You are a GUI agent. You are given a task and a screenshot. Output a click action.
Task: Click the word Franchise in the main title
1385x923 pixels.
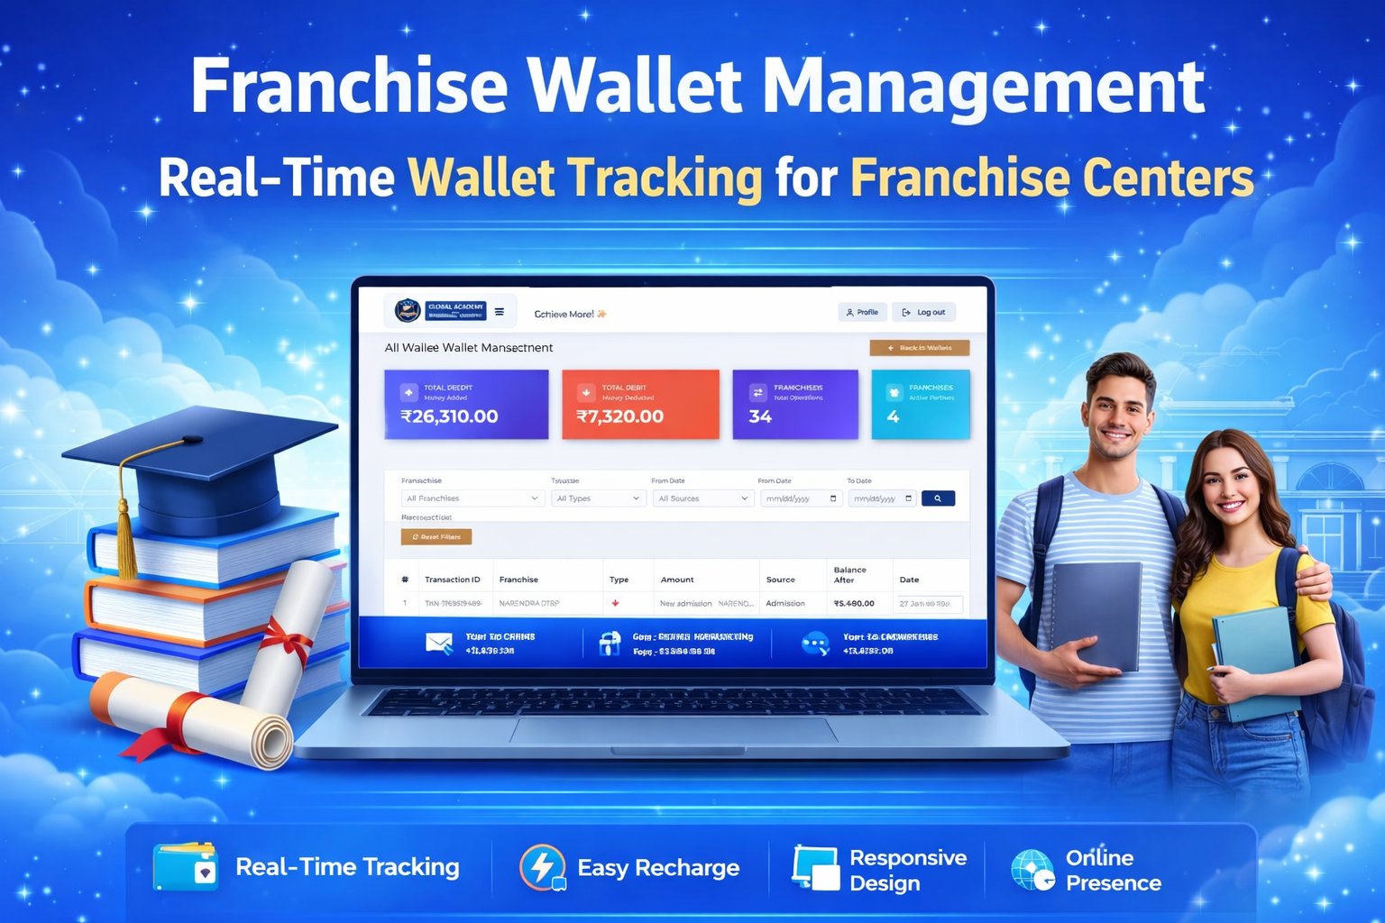pos(349,87)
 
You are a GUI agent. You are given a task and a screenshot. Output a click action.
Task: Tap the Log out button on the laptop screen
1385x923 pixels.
pos(923,312)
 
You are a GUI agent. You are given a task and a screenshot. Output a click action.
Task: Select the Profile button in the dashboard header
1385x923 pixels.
pos(862,312)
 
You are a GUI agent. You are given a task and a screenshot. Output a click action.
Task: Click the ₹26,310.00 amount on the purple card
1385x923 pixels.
pos(449,416)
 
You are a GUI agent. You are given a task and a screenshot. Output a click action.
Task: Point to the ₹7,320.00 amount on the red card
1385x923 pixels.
pos(619,416)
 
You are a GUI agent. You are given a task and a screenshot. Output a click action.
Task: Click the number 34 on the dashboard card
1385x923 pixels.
pos(760,416)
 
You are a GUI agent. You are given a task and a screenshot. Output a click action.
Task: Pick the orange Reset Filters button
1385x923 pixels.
pos(436,536)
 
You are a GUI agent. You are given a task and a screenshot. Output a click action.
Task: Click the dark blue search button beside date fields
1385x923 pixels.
pos(938,498)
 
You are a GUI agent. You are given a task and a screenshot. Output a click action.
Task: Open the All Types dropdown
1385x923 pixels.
pos(598,498)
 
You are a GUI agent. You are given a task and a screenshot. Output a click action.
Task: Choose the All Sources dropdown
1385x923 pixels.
pos(702,498)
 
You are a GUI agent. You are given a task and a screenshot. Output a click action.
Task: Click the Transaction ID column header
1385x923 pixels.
pos(453,580)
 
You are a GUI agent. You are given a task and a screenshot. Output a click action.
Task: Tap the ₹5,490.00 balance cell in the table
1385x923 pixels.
pos(854,603)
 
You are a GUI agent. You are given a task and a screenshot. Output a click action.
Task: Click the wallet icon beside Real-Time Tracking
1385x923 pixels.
pos(186,866)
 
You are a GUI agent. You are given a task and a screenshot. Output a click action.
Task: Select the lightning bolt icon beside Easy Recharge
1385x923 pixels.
pos(543,867)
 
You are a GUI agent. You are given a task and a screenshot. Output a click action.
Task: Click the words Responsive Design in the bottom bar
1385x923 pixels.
pos(907,870)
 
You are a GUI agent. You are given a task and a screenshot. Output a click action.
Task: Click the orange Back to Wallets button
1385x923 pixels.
pos(919,348)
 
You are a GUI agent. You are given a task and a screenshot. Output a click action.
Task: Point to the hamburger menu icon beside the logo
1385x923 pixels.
pos(500,312)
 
